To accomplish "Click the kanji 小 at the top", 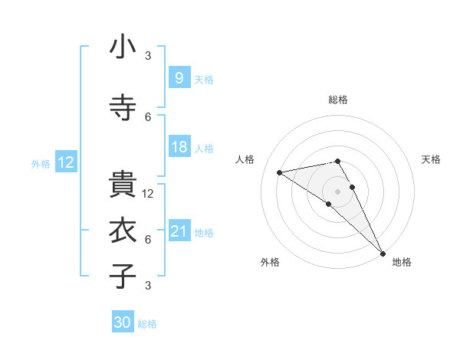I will tap(123, 48).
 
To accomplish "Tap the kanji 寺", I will tap(123, 106).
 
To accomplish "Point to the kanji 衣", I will tap(123, 230).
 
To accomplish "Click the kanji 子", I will tap(123, 276).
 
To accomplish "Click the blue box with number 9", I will tap(179, 77).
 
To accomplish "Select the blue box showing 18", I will tap(179, 148).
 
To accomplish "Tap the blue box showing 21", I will tap(179, 231).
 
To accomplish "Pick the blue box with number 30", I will tap(123, 322).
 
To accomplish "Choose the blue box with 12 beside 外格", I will tap(66, 162).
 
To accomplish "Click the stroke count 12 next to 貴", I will tap(149, 194).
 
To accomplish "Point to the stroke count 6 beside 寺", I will tap(149, 116).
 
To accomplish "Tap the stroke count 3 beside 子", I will tap(149, 286).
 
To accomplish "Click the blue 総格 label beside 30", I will tap(147, 325).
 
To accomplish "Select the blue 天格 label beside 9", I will tap(204, 80).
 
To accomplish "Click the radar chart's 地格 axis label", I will tap(402, 263).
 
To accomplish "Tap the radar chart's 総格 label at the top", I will tap(338, 100).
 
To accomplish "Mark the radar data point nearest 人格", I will tap(280, 172).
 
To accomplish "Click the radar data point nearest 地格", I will tap(383, 252).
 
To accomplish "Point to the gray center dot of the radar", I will tap(338, 191).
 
